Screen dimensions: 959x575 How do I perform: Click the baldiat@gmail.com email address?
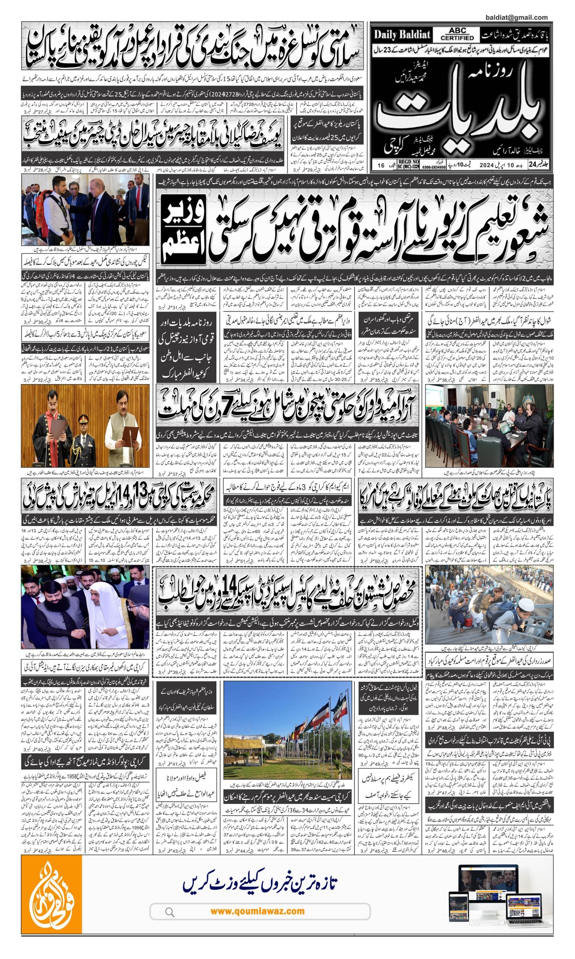point(516,17)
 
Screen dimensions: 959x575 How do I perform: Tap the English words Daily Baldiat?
point(402,35)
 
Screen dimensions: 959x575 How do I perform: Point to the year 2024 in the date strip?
point(487,165)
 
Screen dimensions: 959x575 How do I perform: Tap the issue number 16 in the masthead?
point(381,165)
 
